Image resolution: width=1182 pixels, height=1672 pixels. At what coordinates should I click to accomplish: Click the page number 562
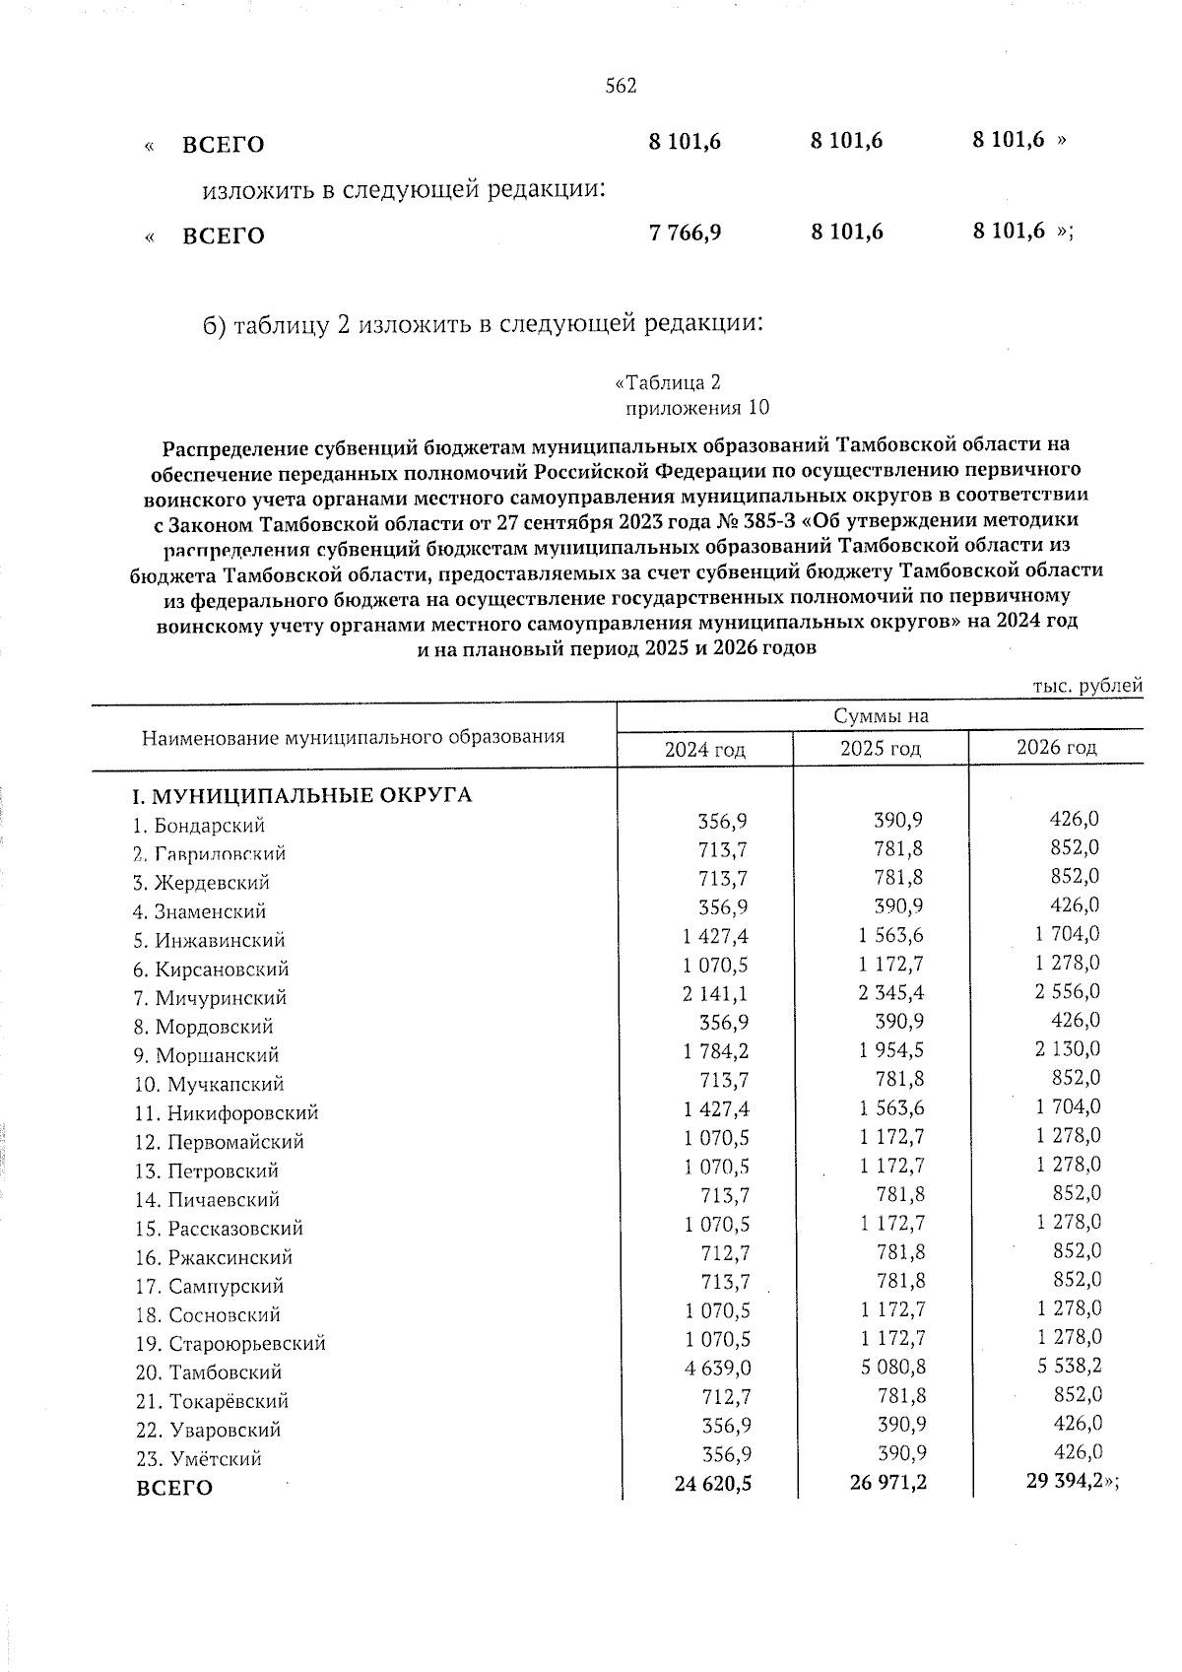coord(621,86)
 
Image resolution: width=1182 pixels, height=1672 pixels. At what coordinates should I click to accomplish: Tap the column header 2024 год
coord(704,750)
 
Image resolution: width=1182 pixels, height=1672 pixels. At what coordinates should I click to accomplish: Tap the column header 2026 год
coord(1056,747)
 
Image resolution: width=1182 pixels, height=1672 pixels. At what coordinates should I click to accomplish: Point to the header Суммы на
coord(881,716)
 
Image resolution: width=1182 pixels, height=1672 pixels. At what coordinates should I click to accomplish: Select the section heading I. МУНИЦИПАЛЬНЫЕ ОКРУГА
coord(303,795)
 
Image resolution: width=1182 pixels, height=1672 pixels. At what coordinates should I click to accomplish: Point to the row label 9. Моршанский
coord(207,1055)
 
